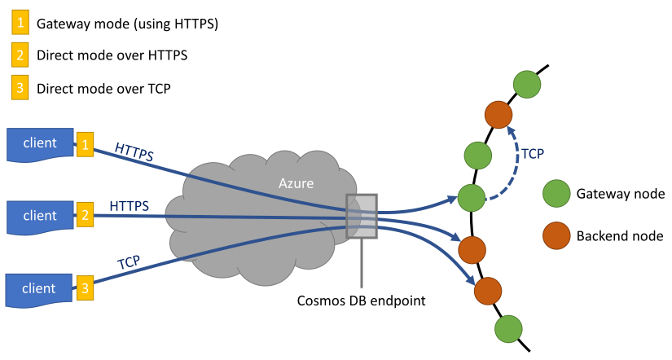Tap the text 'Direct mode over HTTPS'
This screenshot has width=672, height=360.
coord(112,56)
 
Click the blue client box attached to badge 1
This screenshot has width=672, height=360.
coord(39,144)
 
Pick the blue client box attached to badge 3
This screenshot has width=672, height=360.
coord(39,289)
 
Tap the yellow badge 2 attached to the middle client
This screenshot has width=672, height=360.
coord(85,217)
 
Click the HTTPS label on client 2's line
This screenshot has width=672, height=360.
coord(129,206)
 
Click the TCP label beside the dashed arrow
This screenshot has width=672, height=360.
coord(533,152)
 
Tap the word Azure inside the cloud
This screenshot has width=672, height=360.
coord(296,184)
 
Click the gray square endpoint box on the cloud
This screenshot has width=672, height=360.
coord(361,216)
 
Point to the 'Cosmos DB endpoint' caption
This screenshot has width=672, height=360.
coord(361,301)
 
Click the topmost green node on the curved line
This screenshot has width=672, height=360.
coord(527,84)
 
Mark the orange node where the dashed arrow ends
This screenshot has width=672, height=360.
coord(499,114)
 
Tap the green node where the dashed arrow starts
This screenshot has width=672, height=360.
coord(471,197)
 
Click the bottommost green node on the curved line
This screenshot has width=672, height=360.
coord(508,329)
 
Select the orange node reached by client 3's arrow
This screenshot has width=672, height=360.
coord(487,290)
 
